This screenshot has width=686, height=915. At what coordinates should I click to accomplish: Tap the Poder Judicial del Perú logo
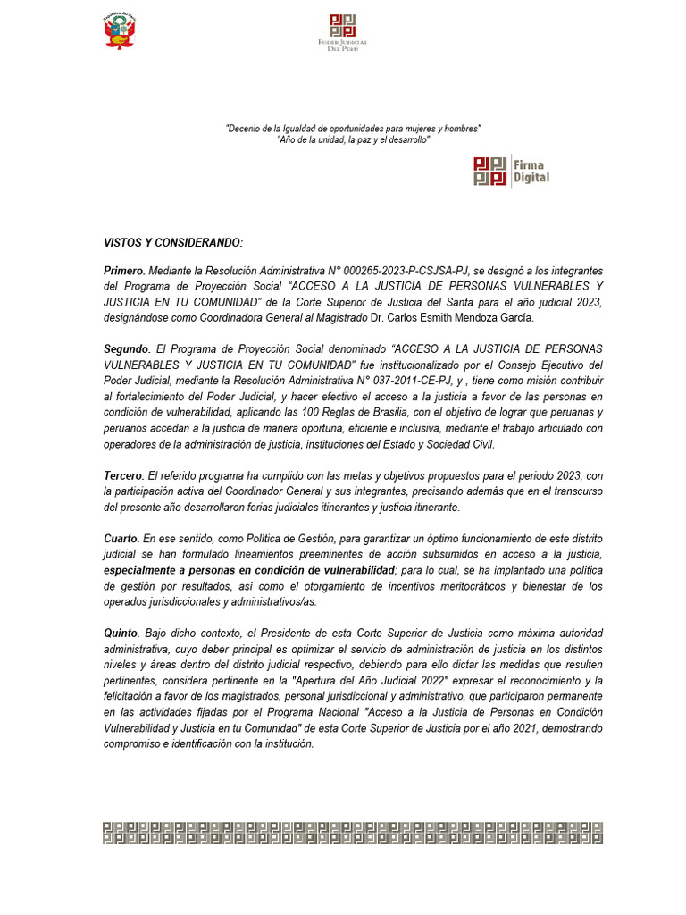(343, 31)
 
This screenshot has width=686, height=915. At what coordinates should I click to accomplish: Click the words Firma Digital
(531, 172)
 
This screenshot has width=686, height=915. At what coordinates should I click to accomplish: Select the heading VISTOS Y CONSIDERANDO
(172, 243)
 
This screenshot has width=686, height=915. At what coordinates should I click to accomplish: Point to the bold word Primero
(123, 271)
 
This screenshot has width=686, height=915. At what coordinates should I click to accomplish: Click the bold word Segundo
(126, 348)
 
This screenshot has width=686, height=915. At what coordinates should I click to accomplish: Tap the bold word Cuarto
(121, 539)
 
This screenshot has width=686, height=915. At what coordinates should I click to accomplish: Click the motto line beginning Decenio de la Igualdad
(353, 129)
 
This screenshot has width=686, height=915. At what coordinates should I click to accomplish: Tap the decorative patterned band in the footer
(352, 832)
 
